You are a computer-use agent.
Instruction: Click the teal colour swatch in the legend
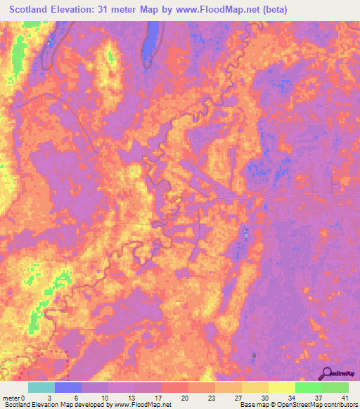[x=41, y=387]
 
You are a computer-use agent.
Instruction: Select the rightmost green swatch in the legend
[x=335, y=387]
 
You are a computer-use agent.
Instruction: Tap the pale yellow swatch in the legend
[x=282, y=387]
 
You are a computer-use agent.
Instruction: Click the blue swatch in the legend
[x=68, y=387]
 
